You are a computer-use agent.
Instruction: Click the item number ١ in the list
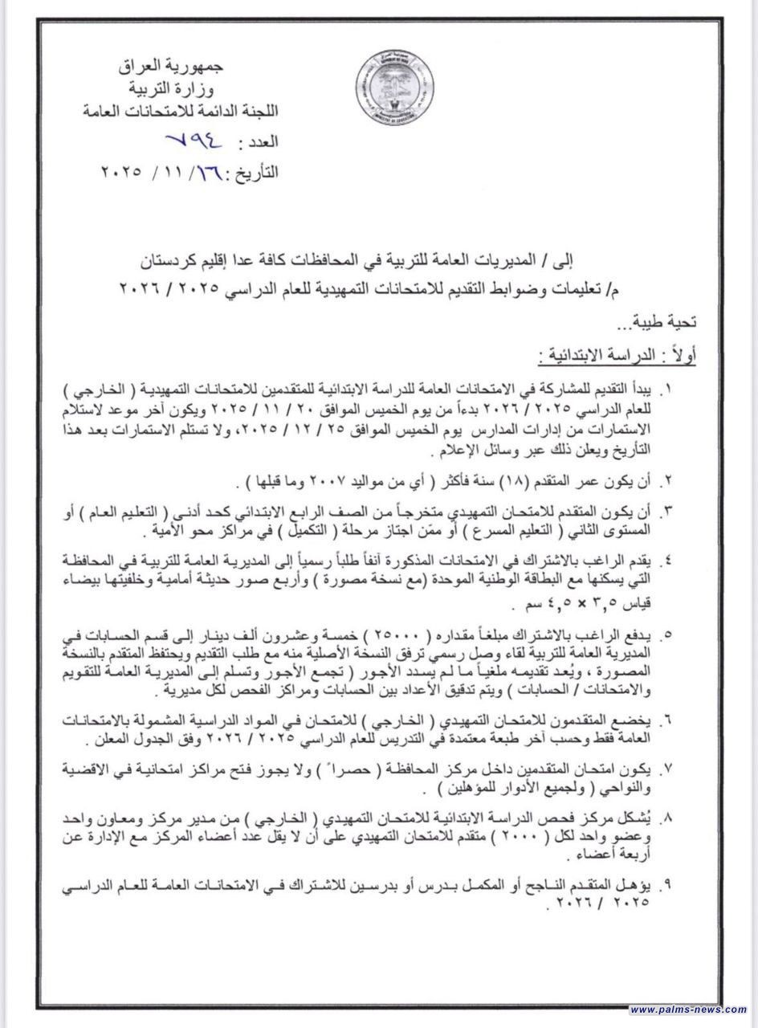tap(666, 390)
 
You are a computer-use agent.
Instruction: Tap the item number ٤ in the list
tap(666, 558)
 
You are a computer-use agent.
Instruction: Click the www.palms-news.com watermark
tap(688, 1010)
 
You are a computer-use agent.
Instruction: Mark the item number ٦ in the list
tap(666, 717)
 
